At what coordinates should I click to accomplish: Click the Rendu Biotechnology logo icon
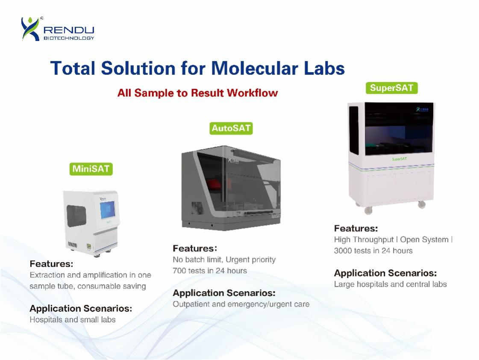pos(30,29)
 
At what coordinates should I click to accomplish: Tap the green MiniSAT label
pos(91,169)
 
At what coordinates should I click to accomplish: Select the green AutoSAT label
pos(231,128)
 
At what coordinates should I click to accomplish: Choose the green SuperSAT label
pos(392,88)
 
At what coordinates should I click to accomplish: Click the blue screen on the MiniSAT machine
pos(108,210)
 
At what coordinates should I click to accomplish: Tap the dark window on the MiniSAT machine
pos(76,216)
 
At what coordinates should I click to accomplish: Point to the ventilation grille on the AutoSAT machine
pos(197,208)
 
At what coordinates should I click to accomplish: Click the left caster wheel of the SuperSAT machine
pos(368,210)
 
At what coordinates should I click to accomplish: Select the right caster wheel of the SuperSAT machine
pos(422,204)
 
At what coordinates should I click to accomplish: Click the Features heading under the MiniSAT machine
pos(51,264)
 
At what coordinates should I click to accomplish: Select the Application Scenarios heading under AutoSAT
pos(224,293)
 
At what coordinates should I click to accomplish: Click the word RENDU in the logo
pos(69,30)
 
